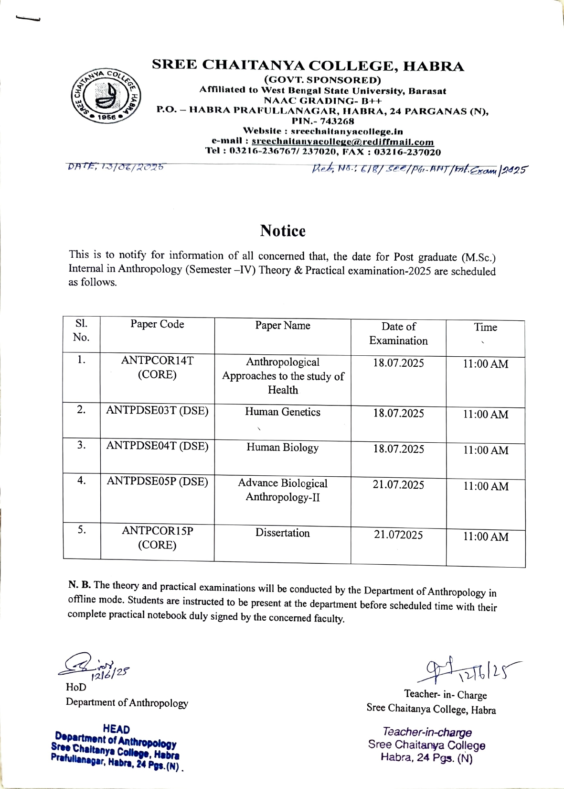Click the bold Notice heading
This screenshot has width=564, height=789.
[x=283, y=231]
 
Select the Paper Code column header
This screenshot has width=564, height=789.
[x=157, y=324]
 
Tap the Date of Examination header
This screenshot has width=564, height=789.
[x=398, y=333]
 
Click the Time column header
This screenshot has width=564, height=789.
[x=485, y=328]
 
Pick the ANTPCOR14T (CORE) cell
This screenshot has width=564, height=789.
[x=157, y=367]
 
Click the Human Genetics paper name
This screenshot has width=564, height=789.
[x=283, y=412]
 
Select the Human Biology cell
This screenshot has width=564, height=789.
[x=283, y=448]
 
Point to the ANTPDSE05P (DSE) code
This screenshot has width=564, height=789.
[x=157, y=481]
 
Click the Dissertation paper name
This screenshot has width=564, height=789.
[x=283, y=533]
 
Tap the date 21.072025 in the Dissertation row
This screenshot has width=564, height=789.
[x=398, y=535]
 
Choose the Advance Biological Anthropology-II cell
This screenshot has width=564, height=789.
[x=283, y=490]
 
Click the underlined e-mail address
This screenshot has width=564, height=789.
[x=342, y=142]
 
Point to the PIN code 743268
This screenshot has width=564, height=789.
[x=337, y=121]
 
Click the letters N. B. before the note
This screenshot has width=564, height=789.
[x=79, y=584]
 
